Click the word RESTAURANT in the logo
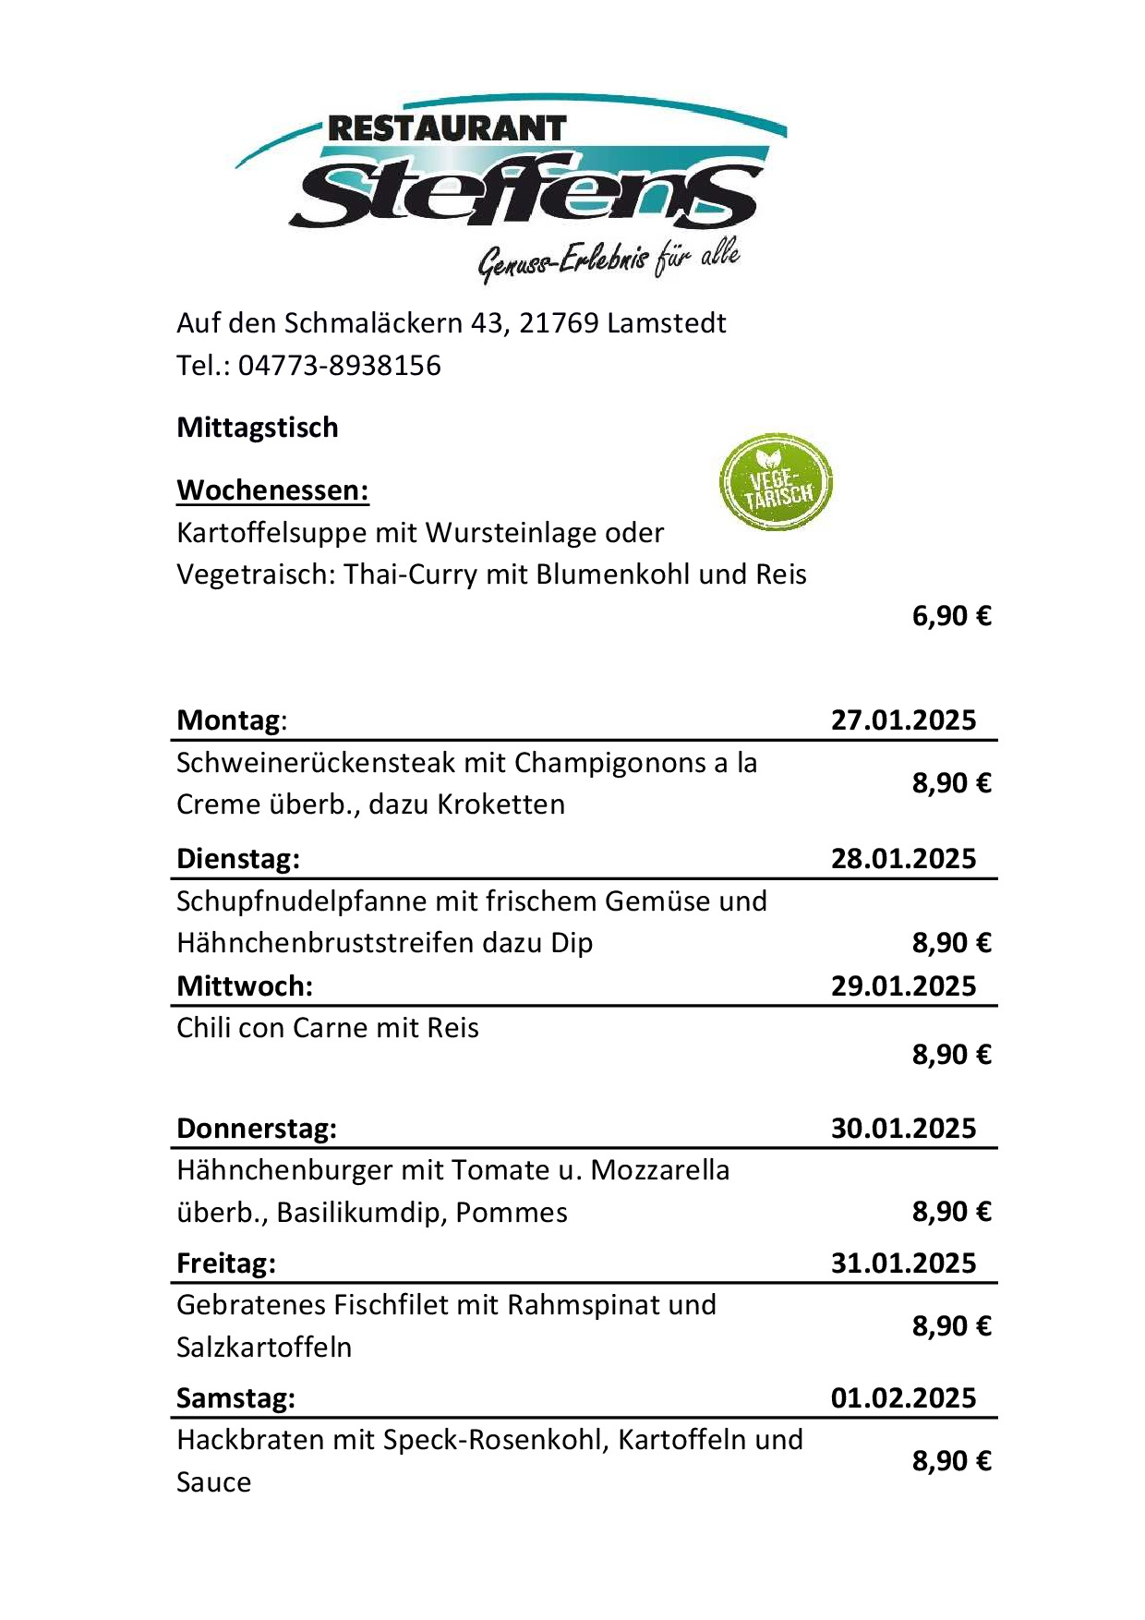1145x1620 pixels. [446, 128]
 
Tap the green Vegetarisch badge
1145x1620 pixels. [776, 483]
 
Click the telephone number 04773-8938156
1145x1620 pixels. [339, 366]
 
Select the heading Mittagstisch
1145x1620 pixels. [258, 428]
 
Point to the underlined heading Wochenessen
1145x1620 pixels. [272, 490]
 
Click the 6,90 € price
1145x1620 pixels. [951, 616]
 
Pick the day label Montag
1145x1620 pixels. [230, 719]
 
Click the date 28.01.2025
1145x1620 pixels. [903, 858]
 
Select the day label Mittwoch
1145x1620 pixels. [244, 985]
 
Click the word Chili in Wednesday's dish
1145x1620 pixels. [200, 1028]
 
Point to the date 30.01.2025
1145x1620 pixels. [903, 1128]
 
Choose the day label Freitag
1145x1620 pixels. [226, 1263]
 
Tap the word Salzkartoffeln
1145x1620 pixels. [264, 1347]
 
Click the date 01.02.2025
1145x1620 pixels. [903, 1397]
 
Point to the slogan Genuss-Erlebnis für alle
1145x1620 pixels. [609, 260]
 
